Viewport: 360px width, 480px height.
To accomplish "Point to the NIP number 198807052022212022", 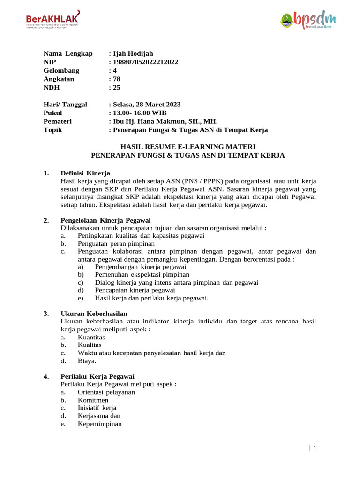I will pyautogui.click(x=145, y=62).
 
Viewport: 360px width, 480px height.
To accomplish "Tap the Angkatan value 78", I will pyautogui.click(x=116, y=79).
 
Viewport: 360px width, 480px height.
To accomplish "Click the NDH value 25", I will pyautogui.click(x=116, y=87).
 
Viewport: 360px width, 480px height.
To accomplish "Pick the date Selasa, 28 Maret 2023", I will pyautogui.click(x=146, y=105).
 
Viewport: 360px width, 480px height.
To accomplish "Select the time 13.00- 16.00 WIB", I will pyautogui.click(x=139, y=113).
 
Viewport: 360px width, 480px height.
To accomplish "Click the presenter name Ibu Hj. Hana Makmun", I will pyautogui.click(x=159, y=121).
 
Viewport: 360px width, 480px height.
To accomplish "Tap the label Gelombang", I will pyautogui.click(x=61, y=70).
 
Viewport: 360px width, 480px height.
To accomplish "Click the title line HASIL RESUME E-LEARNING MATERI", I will pyautogui.click(x=188, y=147).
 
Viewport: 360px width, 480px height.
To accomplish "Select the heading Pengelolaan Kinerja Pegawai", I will pyautogui.click(x=105, y=220).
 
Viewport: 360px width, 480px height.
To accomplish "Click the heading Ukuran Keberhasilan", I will pyautogui.click(x=94, y=313).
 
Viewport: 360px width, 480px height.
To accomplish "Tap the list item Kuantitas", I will pyautogui.click(x=91, y=337).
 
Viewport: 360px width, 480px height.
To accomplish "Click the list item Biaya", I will pyautogui.click(x=87, y=361).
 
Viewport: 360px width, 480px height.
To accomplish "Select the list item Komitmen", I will pyautogui.click(x=93, y=400).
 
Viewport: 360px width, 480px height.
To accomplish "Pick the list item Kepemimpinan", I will pyautogui.click(x=100, y=424).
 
